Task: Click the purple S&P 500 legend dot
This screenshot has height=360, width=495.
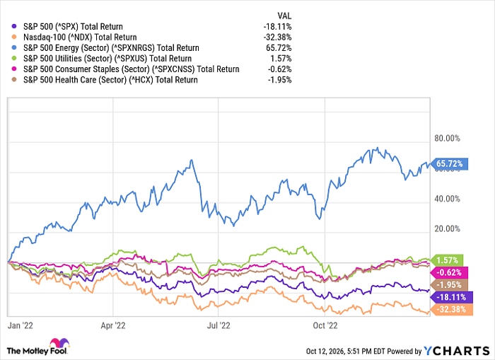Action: point(13,27)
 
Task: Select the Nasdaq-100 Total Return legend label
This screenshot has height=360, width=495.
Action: point(80,37)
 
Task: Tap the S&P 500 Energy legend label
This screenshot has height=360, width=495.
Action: point(111,48)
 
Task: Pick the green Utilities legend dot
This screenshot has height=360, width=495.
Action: point(13,59)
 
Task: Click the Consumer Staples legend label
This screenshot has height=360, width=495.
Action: point(132,69)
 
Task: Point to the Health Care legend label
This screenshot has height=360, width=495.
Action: point(110,80)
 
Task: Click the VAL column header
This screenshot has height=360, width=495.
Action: point(284,16)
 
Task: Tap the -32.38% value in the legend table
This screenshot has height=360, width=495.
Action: point(277,37)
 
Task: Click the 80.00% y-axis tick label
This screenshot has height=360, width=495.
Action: point(448,139)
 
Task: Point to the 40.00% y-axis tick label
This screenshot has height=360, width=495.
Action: point(448,199)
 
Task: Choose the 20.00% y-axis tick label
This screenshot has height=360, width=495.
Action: point(448,229)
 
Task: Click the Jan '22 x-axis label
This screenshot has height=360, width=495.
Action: point(21,325)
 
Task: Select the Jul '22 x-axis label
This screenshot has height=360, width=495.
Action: point(219,325)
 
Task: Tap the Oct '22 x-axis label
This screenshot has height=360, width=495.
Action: point(325,325)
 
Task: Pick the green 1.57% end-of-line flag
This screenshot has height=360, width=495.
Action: point(447,260)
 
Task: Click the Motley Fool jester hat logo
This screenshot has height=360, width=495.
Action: point(59,342)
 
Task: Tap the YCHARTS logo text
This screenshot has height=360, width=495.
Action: point(457,351)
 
